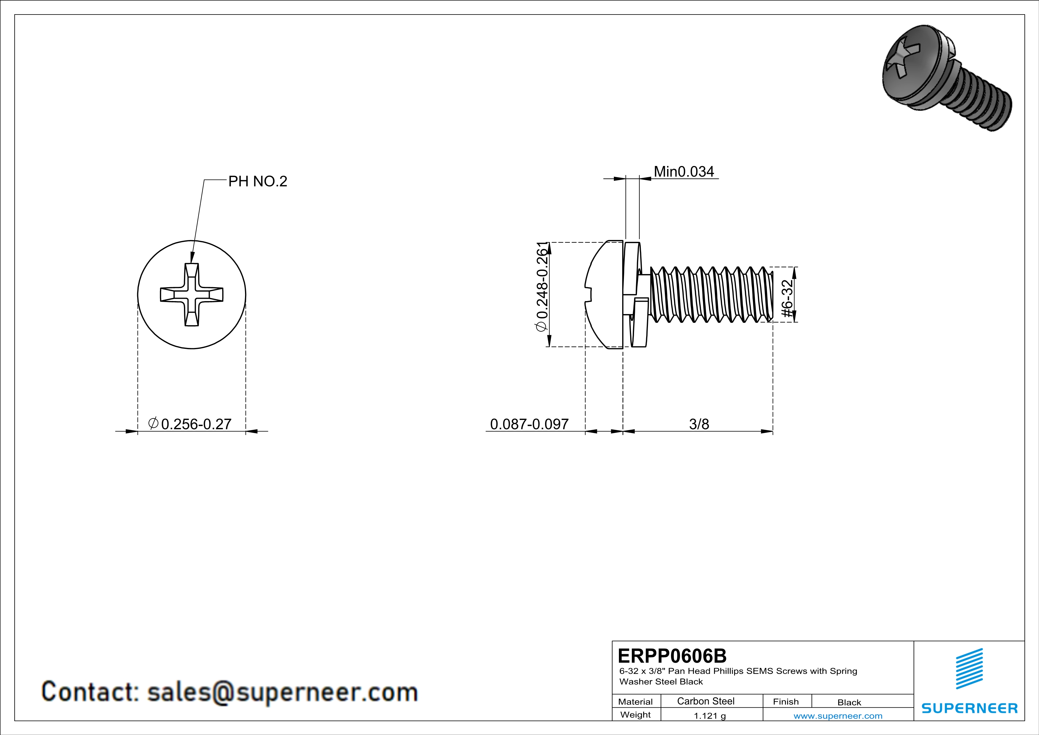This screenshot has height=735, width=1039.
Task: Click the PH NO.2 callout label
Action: point(257,181)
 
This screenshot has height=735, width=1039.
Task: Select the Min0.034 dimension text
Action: point(684,172)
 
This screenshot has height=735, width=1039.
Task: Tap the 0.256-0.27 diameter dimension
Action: point(196,424)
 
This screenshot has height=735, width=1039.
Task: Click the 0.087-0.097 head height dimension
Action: point(529,424)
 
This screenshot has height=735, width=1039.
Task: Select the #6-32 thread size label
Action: point(788,294)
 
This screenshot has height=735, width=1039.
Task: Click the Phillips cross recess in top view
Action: point(192,295)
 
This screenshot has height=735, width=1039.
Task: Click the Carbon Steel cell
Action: point(705,701)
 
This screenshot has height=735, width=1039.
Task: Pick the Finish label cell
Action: point(786,702)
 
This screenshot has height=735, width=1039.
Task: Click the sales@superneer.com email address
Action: point(282,692)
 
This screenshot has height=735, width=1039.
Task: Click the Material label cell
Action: point(635,702)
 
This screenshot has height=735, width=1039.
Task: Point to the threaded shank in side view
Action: point(710,294)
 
